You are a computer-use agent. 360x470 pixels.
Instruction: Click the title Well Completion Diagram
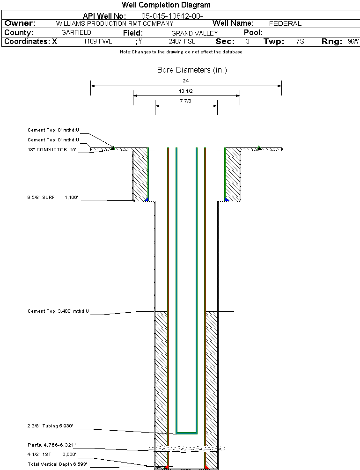click(x=166, y=5)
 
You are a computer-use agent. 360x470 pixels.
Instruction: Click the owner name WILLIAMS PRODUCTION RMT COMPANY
click(x=114, y=23)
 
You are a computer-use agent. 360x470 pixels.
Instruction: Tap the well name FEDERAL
click(x=285, y=23)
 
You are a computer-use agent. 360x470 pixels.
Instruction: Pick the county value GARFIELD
click(x=76, y=33)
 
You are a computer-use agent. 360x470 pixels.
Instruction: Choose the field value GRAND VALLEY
click(x=194, y=33)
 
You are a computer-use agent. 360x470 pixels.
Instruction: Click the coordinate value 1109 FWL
click(x=98, y=42)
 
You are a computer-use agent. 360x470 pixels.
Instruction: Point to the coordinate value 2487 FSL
click(x=182, y=42)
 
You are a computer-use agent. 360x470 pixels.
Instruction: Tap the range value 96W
click(x=353, y=42)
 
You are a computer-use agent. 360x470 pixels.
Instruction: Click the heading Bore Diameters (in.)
click(x=192, y=70)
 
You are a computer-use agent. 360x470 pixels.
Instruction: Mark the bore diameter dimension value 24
click(x=186, y=81)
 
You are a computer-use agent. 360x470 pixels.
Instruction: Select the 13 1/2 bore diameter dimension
click(x=186, y=91)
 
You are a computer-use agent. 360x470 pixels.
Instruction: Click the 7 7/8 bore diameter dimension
click(x=186, y=101)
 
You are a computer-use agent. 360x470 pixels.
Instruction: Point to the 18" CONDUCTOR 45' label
click(x=51, y=150)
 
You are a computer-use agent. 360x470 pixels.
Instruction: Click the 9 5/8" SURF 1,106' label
click(x=52, y=198)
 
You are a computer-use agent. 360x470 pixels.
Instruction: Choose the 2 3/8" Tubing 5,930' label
click(x=50, y=426)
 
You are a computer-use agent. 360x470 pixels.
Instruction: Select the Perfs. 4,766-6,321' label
click(x=51, y=445)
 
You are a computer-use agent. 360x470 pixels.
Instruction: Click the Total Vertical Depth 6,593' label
click(x=57, y=464)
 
